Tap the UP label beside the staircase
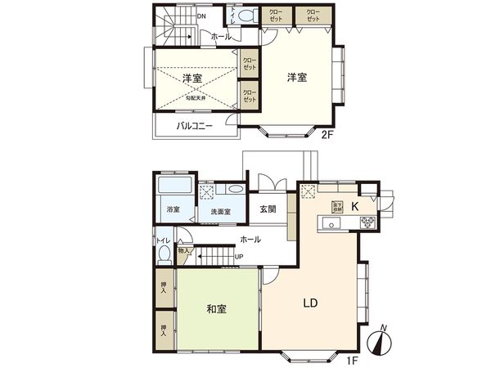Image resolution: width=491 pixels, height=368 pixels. pyautogui.click(x=239, y=257)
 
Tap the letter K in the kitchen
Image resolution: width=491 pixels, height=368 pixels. pyautogui.click(x=356, y=205)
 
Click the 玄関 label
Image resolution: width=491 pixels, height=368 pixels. pyautogui.click(x=268, y=209)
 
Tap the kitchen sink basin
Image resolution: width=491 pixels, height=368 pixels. pyautogui.click(x=333, y=223)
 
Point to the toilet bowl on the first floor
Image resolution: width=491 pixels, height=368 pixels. pyautogui.click(x=164, y=254)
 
